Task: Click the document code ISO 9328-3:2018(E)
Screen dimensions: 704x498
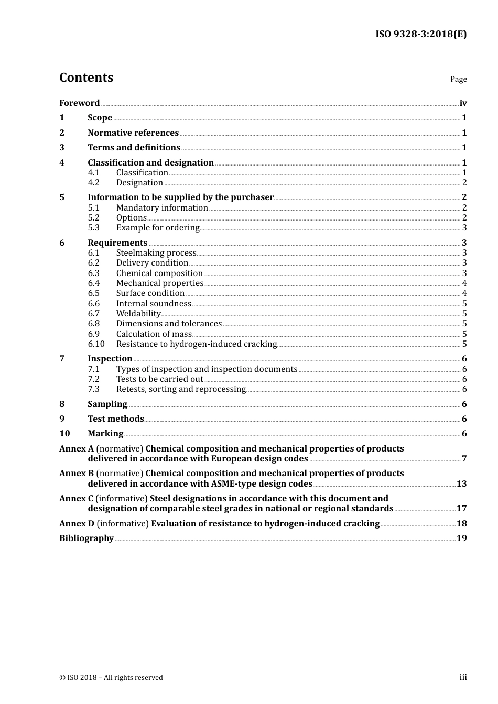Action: pyautogui.click(x=420, y=35)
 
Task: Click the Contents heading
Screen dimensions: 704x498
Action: pyautogui.click(x=86, y=78)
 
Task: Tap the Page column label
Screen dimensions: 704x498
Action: pyautogui.click(x=458, y=79)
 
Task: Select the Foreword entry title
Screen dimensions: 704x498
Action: pyautogui.click(x=79, y=103)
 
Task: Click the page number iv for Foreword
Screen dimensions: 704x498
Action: pyautogui.click(x=463, y=103)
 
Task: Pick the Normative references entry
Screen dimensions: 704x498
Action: pyautogui.click(x=133, y=133)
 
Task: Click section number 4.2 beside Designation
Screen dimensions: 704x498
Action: pyautogui.click(x=93, y=183)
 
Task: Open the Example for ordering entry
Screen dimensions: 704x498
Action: pyautogui.click(x=158, y=228)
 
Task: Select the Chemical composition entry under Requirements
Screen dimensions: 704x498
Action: pyautogui.click(x=159, y=273)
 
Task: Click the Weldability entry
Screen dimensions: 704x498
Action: pyautogui.click(x=138, y=314)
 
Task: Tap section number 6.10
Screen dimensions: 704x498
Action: pyautogui.click(x=96, y=344)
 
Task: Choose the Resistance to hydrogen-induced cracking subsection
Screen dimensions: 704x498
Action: pyautogui.click(x=196, y=344)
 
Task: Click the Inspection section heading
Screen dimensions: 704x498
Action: pyautogui.click(x=110, y=359)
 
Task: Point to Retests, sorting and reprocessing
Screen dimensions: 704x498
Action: pyautogui.click(x=181, y=389)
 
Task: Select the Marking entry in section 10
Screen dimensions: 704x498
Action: pyautogui.click(x=105, y=434)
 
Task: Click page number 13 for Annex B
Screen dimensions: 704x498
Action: pyautogui.click(x=461, y=484)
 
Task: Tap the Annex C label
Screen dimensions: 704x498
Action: pyautogui.click(x=76, y=499)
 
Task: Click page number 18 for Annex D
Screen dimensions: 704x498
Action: pyautogui.click(x=461, y=524)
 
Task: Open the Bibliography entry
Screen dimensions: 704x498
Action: pyautogui.click(x=86, y=538)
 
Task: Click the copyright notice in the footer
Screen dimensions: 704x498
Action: pyautogui.click(x=111, y=678)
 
